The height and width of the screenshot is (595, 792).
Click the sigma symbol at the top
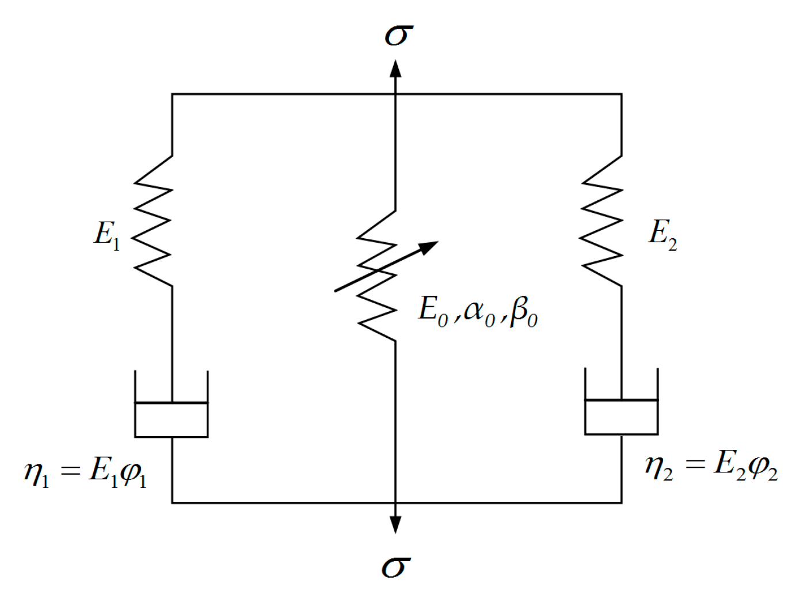coord(398,35)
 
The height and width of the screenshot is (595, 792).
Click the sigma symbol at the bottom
coord(397,566)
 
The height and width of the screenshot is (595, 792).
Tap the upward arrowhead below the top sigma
coord(395,68)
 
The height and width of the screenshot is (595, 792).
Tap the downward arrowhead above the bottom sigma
coord(395,524)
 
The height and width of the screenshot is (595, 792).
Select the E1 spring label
coord(107,235)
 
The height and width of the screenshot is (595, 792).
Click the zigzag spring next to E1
coord(154,220)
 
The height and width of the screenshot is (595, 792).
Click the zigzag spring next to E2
coord(603,220)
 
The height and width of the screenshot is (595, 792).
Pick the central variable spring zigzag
coord(378,276)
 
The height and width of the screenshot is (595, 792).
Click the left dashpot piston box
coord(171,419)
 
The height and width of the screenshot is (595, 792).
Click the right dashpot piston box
coord(621,417)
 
